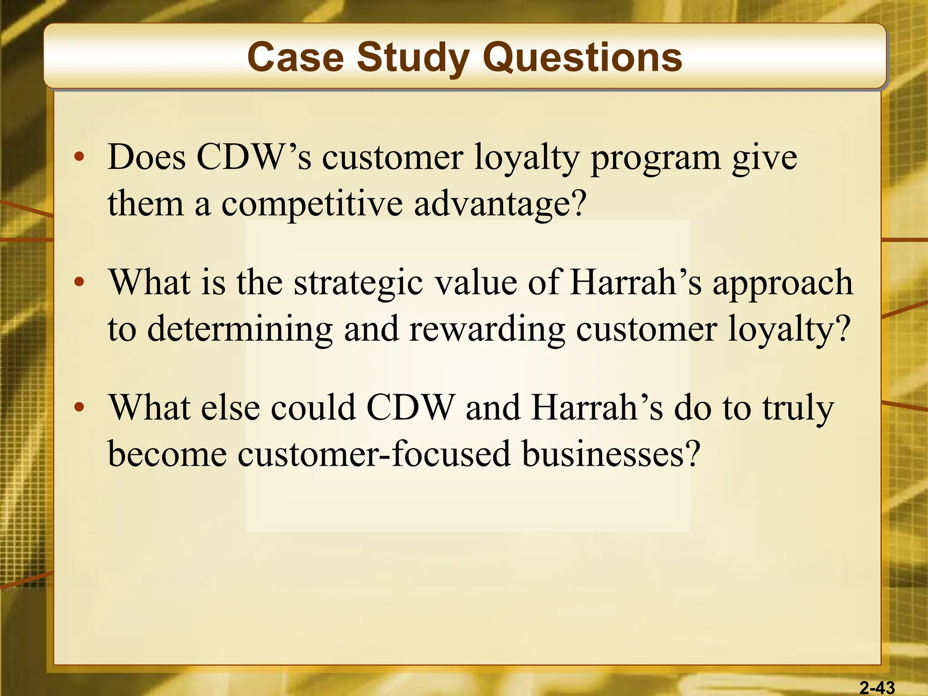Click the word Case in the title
coord(295,58)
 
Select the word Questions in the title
coord(582,58)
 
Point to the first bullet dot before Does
coord(80,157)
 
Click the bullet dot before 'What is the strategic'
coord(80,282)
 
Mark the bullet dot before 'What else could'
coord(80,407)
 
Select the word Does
coord(147,157)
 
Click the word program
coord(656,159)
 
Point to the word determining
coord(240,329)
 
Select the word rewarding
coord(487,329)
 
